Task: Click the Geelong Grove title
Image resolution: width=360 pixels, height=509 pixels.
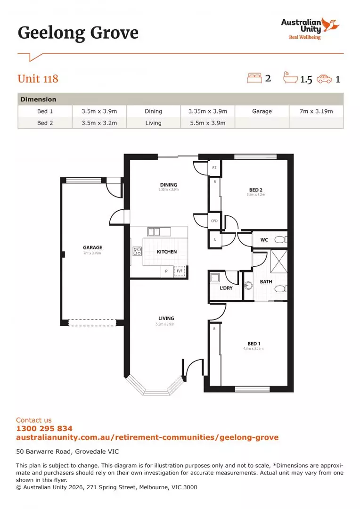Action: tap(78, 33)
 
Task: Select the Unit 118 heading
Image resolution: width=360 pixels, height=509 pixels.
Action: tap(38, 78)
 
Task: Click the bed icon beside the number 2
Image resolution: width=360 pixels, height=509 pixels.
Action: tap(254, 78)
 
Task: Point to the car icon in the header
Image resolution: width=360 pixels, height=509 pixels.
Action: tap(324, 79)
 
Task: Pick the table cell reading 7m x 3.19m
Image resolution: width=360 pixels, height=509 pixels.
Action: tap(316, 111)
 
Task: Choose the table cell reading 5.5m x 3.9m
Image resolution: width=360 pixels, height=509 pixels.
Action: tap(207, 123)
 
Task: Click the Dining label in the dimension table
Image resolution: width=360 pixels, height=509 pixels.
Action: tap(153, 111)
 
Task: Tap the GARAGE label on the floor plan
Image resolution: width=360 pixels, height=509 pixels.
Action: tap(92, 247)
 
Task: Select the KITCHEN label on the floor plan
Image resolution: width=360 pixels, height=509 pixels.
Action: tap(167, 252)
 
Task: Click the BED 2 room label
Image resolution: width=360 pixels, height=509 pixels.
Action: tap(255, 190)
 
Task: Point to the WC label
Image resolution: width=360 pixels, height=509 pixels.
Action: tap(264, 240)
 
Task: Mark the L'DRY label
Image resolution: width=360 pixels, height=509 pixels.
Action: tap(226, 288)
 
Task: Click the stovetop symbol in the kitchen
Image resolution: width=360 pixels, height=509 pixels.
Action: tap(138, 251)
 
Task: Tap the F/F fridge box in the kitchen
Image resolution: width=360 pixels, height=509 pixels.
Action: tap(180, 271)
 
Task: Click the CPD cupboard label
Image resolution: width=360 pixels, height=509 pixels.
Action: tap(214, 220)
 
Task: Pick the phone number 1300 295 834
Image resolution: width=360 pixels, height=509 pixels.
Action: tap(44, 429)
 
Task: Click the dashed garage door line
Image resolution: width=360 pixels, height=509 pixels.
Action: tap(92, 323)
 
